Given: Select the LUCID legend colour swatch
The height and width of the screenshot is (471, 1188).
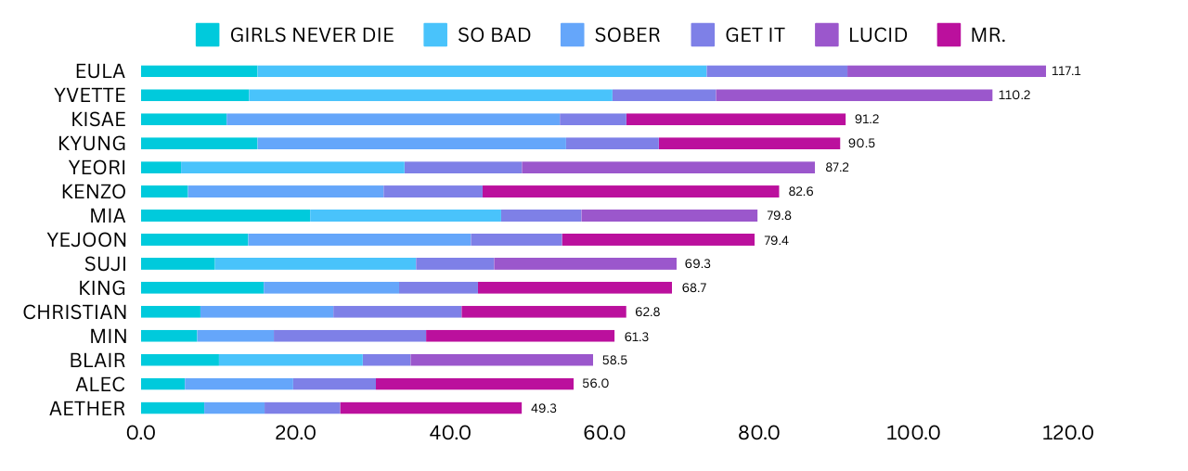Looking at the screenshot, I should [x=827, y=35].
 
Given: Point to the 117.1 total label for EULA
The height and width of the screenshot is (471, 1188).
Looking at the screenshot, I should [x=1066, y=70].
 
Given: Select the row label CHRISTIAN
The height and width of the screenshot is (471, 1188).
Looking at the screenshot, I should [x=74, y=312].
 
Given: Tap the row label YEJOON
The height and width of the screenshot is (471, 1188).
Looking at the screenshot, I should [x=86, y=239].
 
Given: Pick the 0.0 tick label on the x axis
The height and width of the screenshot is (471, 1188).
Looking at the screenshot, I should [x=141, y=432].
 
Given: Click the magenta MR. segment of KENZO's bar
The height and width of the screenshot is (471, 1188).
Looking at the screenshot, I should [x=630, y=191].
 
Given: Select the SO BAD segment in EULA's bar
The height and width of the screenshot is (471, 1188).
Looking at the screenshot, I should [x=482, y=70].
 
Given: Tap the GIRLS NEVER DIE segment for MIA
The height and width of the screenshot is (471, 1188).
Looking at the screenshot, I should [x=226, y=215].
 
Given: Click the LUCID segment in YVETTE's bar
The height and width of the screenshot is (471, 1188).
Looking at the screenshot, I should [x=854, y=95].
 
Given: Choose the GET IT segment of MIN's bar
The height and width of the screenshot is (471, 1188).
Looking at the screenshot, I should [x=350, y=336].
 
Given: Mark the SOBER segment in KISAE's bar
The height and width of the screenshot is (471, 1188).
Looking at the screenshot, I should [x=394, y=119].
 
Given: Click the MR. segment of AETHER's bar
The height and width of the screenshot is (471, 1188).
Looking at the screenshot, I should [x=431, y=408].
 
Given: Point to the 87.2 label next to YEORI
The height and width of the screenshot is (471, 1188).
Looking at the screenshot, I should [x=836, y=167].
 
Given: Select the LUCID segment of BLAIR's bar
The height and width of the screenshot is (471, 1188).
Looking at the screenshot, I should [x=501, y=360].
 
